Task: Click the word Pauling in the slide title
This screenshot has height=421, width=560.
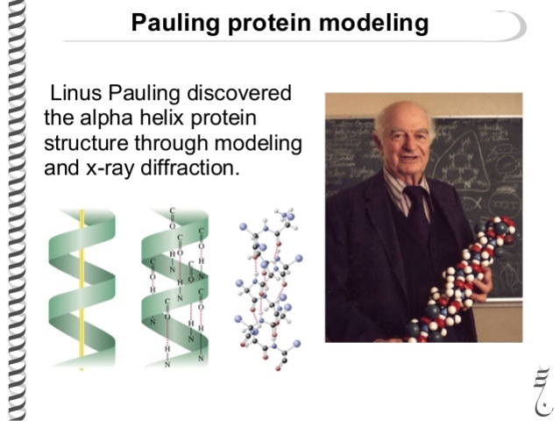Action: coord(169,23)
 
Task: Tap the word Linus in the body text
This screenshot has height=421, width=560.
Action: coord(74,94)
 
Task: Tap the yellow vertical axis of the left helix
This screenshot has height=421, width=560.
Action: coord(82,289)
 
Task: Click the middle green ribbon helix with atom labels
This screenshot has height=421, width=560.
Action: coord(174,289)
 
